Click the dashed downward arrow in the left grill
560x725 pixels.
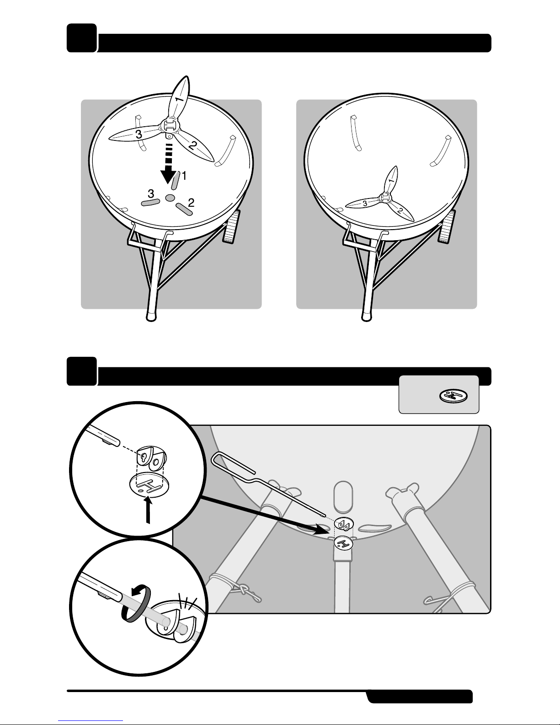coord(169,163)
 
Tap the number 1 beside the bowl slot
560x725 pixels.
coord(184,176)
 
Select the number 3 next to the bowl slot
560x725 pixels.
coord(151,193)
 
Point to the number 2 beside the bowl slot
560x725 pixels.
coord(191,203)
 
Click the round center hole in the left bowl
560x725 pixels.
coord(170,198)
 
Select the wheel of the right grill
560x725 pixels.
coord(446,226)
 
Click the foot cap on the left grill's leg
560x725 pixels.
coord(151,316)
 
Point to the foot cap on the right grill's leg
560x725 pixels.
coord(367,316)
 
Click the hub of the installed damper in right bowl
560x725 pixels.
coord(385,197)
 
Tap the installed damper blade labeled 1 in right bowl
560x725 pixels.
coord(391,179)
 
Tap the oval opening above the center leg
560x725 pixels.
coord(343,497)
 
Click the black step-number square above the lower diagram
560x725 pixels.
coord(82,371)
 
